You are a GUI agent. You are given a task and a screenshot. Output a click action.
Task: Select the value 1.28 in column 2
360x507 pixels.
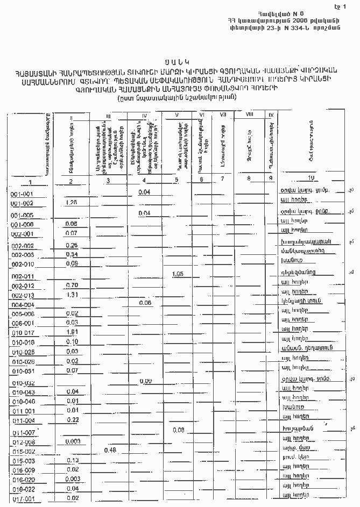72,202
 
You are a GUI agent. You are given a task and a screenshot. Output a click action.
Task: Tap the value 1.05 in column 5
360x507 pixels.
179,274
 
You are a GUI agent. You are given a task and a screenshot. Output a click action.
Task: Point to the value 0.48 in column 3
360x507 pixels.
110,449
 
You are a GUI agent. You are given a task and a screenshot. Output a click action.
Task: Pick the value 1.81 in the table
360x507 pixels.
72,332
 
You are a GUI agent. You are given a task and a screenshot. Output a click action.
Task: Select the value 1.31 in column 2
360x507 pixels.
72,295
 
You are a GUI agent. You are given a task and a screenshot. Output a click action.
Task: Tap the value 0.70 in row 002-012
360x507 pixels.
72,285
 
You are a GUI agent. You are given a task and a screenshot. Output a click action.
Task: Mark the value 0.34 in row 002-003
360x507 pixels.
72,254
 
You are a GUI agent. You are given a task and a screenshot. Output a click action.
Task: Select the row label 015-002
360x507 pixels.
23,452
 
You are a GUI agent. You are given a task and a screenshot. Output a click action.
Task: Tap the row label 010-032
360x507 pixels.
23,383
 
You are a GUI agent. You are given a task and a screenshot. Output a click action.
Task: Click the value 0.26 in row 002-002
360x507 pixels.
72,245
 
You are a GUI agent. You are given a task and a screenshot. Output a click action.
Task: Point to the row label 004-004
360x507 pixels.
23,304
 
